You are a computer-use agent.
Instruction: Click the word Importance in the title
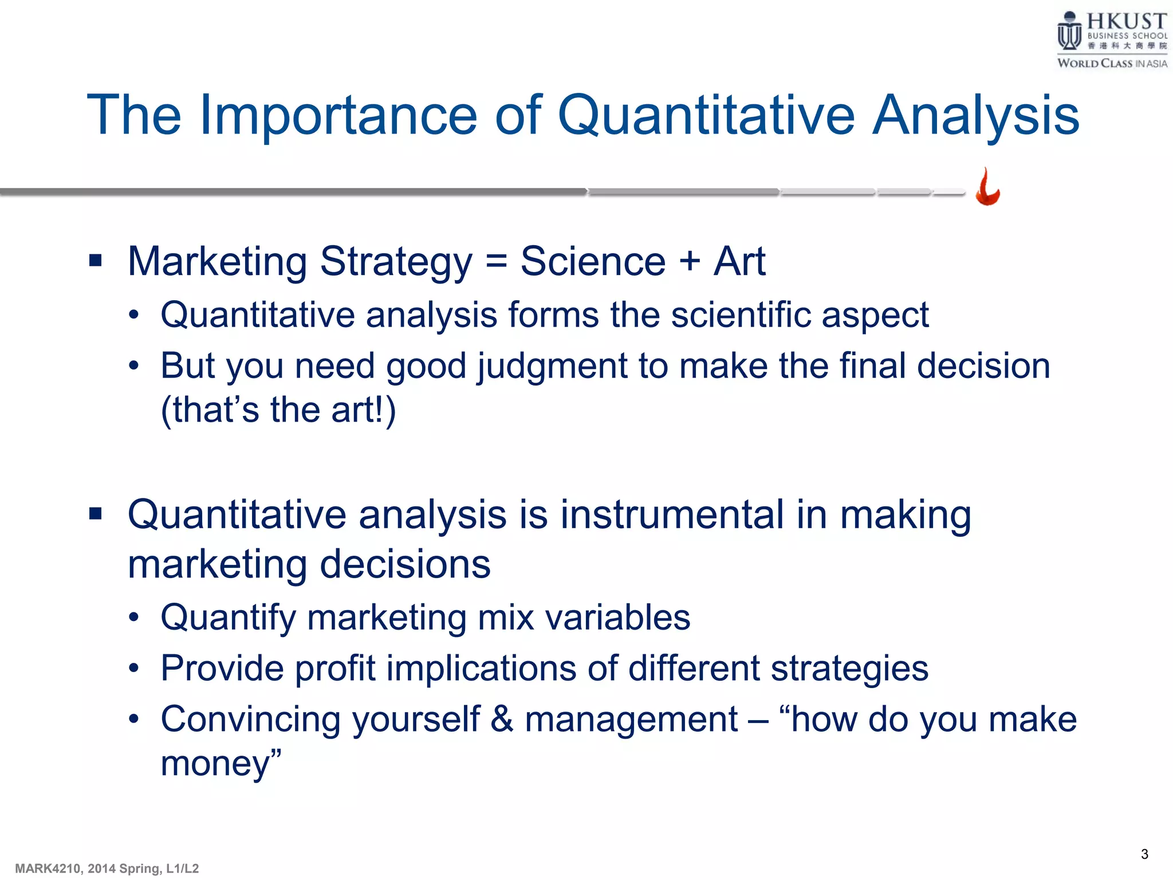[338, 116]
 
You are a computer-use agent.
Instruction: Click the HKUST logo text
[1126, 22]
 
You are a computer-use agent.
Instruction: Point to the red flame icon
[987, 187]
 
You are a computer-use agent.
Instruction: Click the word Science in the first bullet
[593, 262]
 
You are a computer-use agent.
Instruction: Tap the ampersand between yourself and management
[502, 719]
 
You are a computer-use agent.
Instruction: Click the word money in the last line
[215, 764]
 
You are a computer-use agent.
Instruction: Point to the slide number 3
[1144, 854]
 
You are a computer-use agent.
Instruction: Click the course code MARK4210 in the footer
[48, 869]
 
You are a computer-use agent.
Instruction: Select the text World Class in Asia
[1112, 64]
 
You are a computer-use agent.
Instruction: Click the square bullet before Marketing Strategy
[95, 261]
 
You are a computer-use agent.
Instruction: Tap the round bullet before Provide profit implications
[133, 669]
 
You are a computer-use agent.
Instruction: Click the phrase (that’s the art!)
[278, 410]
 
